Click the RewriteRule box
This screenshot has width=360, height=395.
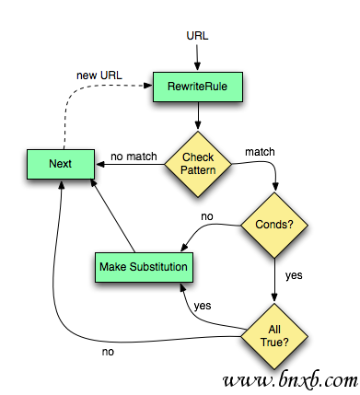pos(197,87)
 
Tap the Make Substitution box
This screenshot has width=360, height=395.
pos(143,267)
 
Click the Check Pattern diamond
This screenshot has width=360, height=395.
pos(197,164)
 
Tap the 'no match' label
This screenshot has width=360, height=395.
pos(134,157)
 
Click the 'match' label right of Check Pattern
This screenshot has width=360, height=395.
pos(261,150)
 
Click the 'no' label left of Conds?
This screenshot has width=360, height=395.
pos(208,218)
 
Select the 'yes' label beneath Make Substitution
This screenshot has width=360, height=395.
pos(203,305)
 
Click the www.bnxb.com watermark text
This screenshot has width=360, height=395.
pos(287,378)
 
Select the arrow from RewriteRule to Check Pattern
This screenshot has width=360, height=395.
pos(197,117)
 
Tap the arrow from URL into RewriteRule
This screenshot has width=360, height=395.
pos(197,57)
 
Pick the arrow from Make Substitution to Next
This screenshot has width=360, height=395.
pos(115,216)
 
